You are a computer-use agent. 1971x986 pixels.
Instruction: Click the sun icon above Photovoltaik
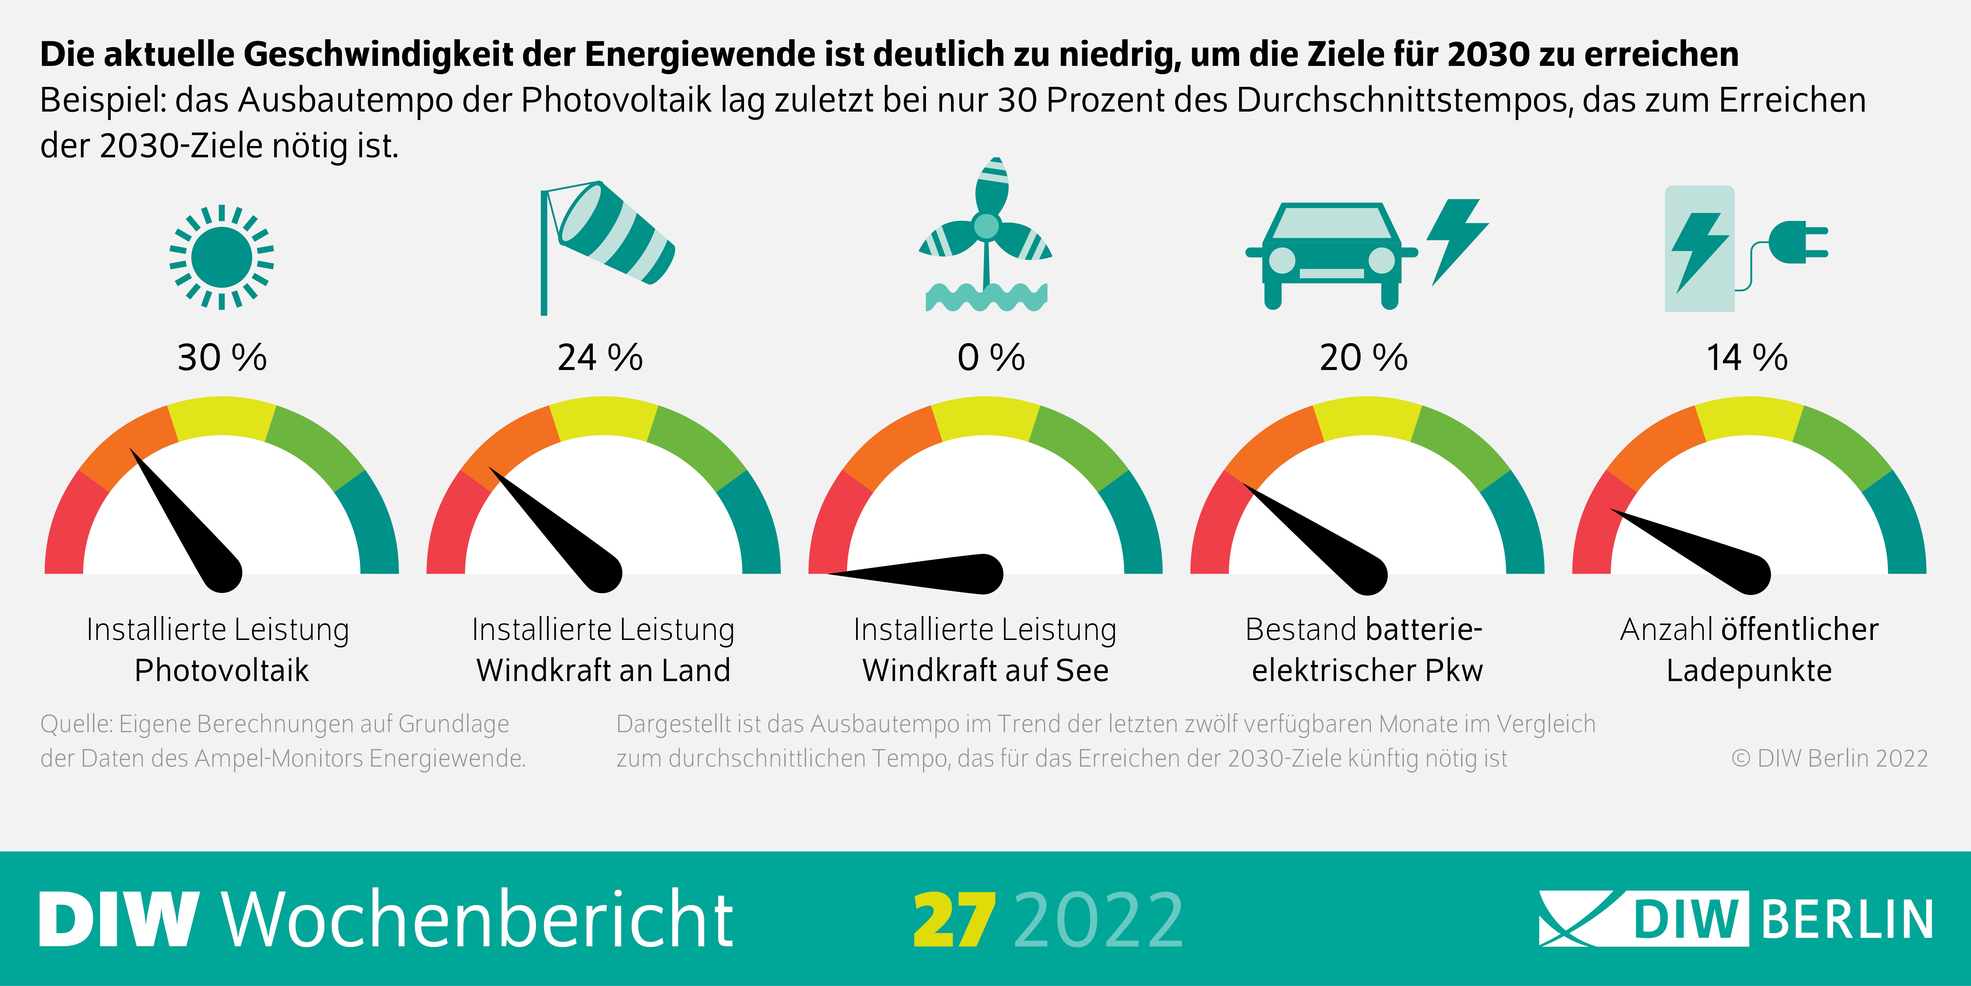221,257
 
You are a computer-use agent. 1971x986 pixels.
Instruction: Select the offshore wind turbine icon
985,237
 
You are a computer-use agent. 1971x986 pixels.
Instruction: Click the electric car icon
1331,254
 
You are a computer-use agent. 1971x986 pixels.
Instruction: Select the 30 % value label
222,358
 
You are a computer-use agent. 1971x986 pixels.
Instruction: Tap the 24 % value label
600,358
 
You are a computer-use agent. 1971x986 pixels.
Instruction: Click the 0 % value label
991,358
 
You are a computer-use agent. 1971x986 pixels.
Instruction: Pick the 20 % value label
1364,358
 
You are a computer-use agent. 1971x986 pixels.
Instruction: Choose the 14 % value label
1747,358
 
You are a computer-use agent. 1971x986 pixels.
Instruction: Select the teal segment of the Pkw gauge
1519,528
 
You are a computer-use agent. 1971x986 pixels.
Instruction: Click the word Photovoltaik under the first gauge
221,671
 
